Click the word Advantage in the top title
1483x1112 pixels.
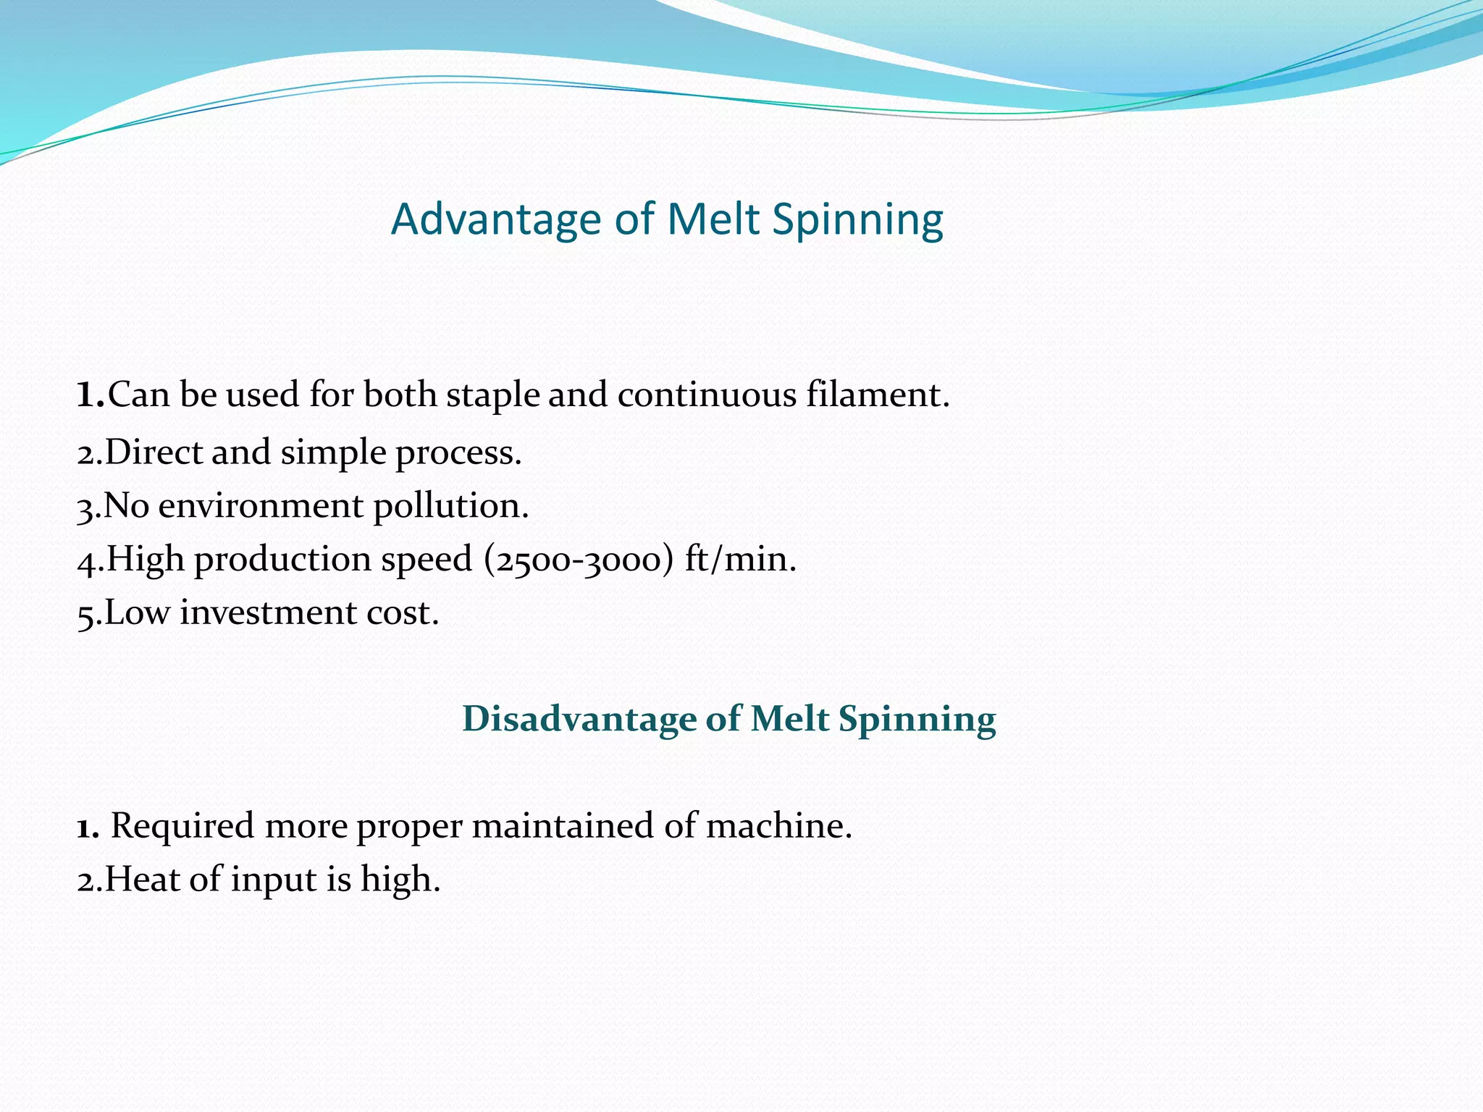click(x=496, y=219)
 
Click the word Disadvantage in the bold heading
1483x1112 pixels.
click(x=577, y=719)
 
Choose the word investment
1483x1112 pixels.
click(x=268, y=612)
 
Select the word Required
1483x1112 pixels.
click(x=182, y=826)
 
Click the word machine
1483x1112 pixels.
click(x=778, y=826)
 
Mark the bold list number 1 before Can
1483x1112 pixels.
click(x=89, y=395)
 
